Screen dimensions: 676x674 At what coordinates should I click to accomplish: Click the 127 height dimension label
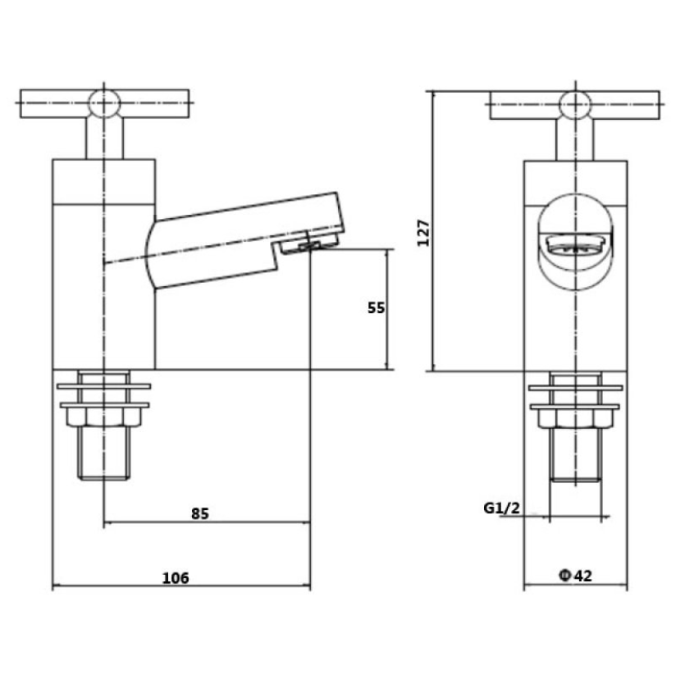point(424,233)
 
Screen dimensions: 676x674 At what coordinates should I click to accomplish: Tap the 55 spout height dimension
point(376,307)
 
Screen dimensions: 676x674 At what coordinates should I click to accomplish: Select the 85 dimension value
point(200,513)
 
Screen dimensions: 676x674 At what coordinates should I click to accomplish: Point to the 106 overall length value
point(176,577)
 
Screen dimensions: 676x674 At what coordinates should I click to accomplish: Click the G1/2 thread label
point(501,508)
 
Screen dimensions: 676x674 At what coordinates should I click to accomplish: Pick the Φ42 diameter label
point(576,576)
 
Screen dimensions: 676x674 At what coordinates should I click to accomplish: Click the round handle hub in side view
point(104,103)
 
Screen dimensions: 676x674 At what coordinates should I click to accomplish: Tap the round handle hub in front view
point(575,105)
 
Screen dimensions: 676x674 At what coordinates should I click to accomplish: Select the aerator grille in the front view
point(576,247)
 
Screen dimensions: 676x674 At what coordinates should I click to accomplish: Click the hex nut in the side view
point(104,417)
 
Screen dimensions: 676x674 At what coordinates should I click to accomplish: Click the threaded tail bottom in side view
point(104,477)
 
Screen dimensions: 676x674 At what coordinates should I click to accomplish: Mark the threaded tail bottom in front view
point(576,479)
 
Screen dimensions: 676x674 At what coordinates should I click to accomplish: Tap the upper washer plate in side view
point(104,386)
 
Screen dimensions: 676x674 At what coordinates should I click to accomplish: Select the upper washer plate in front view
point(576,388)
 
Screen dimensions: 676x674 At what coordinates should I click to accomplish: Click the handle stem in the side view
point(104,138)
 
